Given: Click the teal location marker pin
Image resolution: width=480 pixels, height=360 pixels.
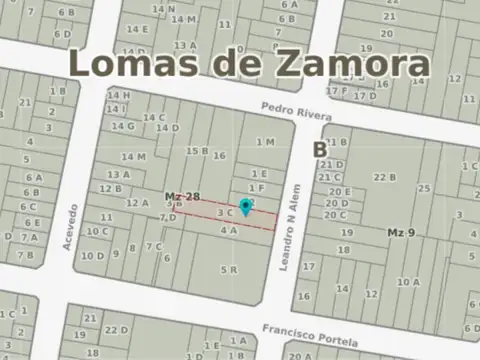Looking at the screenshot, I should point(246,206).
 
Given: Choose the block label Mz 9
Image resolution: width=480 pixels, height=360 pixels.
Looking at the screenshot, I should point(401,232).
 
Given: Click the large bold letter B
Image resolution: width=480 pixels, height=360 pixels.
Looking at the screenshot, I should point(319,150).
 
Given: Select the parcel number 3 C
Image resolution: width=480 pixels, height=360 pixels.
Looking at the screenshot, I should point(224,212).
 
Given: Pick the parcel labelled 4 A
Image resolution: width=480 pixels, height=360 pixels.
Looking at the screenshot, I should point(228,230).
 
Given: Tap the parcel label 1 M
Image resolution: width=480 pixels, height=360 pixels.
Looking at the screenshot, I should point(264,142).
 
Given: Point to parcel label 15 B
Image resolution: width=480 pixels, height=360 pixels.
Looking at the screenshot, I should point(197,151).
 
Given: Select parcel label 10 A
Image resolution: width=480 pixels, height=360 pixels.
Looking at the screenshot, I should point(407,282).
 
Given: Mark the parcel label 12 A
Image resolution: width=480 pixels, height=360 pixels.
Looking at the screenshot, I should point(137,203).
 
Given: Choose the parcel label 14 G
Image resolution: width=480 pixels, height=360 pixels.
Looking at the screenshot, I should point(123,126).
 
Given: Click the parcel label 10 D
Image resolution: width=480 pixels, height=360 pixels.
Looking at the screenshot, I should point(92,255).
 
